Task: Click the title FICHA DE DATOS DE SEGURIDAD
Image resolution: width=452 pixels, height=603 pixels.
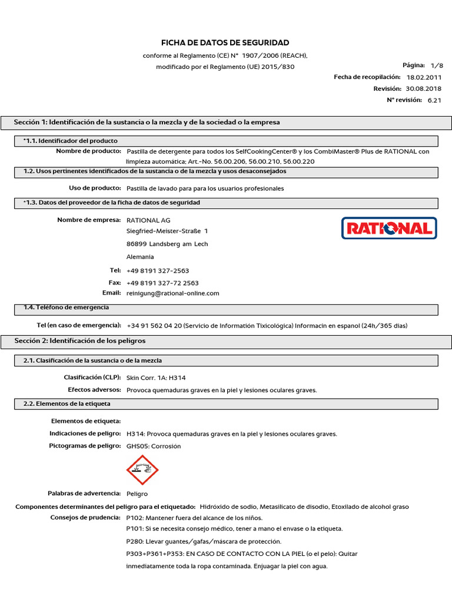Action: tap(225, 43)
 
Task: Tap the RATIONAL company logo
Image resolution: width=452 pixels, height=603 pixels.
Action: tap(389, 228)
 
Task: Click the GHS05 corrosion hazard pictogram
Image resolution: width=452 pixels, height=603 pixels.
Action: tap(142, 470)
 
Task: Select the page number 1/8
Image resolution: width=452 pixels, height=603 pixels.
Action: tap(436, 65)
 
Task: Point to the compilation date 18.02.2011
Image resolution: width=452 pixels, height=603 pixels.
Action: tap(423, 77)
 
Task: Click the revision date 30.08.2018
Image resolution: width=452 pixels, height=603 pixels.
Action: tap(423, 88)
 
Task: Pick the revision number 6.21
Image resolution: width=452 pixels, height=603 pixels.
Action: tap(434, 100)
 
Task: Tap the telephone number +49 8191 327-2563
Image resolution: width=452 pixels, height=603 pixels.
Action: tap(158, 270)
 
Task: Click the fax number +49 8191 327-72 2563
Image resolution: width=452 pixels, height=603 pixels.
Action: tap(162, 283)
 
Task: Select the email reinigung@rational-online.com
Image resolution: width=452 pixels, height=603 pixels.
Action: tap(172, 293)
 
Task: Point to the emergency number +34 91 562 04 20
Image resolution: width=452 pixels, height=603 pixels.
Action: tap(154, 326)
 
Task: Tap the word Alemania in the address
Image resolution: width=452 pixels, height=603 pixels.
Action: tap(140, 257)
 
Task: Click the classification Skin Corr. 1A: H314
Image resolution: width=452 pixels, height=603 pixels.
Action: tap(156, 377)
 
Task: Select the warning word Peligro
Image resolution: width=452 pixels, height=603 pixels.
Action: tap(137, 493)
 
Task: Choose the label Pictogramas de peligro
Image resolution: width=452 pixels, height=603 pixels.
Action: tap(85, 446)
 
